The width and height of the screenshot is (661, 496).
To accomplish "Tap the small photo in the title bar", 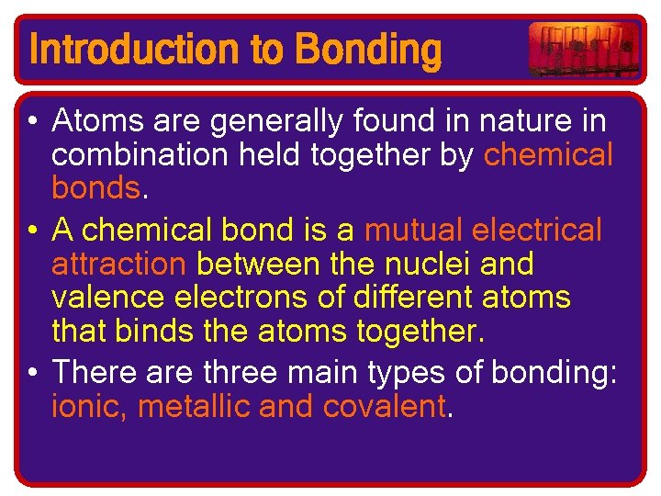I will pyautogui.click(x=583, y=49).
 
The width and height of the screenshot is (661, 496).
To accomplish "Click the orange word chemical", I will pyautogui.click(x=548, y=155).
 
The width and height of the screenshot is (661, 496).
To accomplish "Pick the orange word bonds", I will pyautogui.click(x=95, y=189).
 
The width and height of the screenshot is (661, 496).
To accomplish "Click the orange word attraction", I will pyautogui.click(x=118, y=264).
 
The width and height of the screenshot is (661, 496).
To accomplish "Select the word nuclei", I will pyautogui.click(x=428, y=264).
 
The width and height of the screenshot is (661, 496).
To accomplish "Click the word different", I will pyautogui.click(x=421, y=298).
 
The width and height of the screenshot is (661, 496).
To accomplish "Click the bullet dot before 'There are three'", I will pyautogui.click(x=34, y=372).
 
